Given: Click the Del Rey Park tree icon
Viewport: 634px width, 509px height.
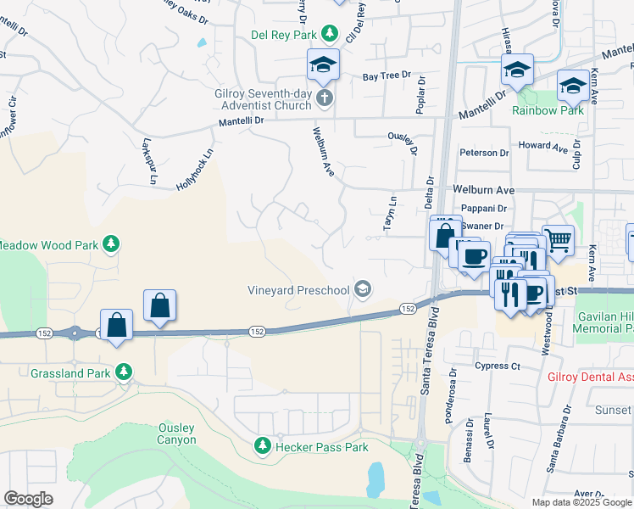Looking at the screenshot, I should tap(330, 34).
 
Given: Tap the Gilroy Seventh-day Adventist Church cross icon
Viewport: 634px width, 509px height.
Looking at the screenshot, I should tap(323, 100).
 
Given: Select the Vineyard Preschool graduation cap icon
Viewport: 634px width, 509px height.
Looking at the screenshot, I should tap(363, 290).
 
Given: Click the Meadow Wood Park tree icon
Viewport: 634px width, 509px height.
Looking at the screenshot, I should tap(110, 245).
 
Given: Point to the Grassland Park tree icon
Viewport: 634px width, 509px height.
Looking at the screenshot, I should tap(124, 372).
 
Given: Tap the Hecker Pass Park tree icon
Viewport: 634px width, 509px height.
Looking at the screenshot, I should tap(263, 446).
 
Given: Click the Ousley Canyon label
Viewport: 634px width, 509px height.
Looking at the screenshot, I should tap(176, 433).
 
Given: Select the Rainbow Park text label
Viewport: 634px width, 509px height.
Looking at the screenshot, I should tap(548, 110).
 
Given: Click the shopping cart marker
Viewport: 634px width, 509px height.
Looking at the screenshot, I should tap(558, 241).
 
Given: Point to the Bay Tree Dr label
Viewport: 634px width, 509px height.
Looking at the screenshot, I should tap(387, 77).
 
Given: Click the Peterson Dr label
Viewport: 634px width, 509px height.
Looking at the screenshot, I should tap(484, 153).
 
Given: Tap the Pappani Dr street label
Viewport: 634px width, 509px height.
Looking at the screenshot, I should tap(484, 208).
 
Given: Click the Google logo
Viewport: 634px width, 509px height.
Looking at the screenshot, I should tap(28, 499).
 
